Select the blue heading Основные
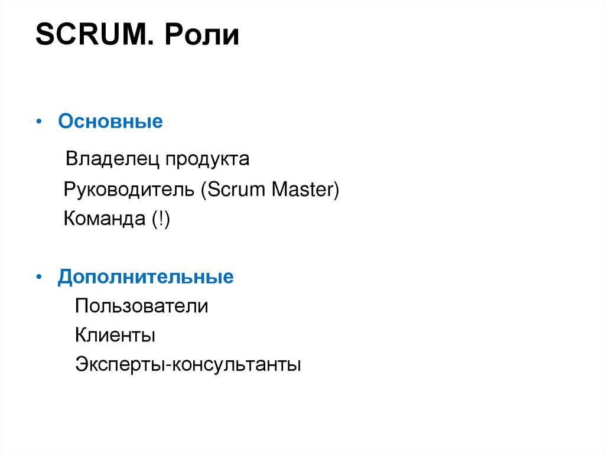[x=110, y=122]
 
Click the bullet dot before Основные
[x=38, y=122]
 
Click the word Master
[x=302, y=190]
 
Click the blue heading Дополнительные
[x=145, y=277]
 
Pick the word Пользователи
[x=141, y=307]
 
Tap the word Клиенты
[x=115, y=336]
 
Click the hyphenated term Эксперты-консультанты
[x=188, y=364]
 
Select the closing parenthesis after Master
[x=336, y=191]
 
